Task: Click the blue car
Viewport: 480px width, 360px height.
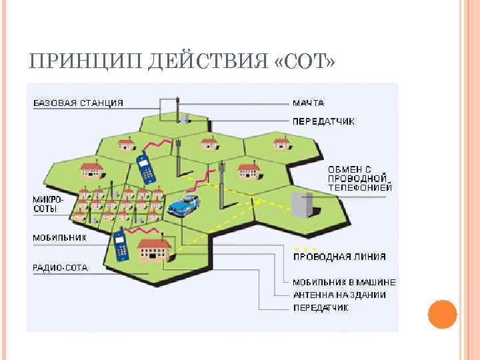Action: tap(184, 204)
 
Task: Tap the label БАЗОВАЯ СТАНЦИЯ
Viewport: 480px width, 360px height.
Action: tap(79, 103)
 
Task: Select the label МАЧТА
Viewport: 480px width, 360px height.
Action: tap(309, 103)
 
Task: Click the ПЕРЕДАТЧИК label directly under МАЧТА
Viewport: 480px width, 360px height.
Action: tap(324, 121)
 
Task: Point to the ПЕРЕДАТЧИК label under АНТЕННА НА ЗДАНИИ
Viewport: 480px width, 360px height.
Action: tap(321, 307)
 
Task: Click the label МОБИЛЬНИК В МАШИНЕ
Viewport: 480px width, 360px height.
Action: tap(345, 282)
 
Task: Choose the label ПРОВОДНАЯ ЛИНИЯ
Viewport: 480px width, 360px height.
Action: tap(339, 257)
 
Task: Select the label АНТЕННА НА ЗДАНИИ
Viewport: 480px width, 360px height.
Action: tap(339, 295)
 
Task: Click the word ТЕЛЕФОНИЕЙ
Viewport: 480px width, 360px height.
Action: tap(360, 188)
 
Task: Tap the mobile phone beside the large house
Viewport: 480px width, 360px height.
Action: tap(121, 245)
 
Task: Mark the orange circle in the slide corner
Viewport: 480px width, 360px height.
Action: tap(441, 315)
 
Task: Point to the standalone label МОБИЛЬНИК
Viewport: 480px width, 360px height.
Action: tap(59, 237)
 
